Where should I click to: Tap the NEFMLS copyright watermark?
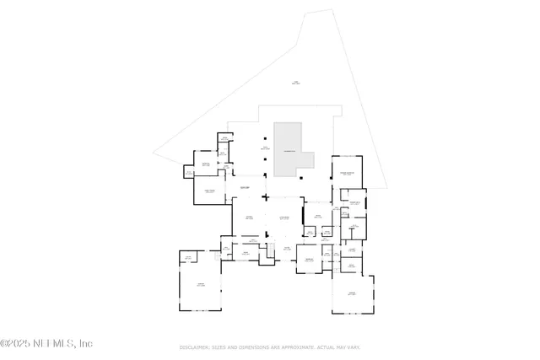pyautogui.click(x=46, y=343)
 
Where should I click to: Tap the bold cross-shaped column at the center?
pyautogui.click(x=266, y=197)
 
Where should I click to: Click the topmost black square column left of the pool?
pyautogui.click(x=265, y=138)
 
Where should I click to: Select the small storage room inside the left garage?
pyautogui.click(x=188, y=256)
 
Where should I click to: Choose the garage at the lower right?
pyautogui.click(x=351, y=294)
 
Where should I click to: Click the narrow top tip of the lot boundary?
pyautogui.click(x=320, y=12)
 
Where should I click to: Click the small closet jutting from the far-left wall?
pyautogui.click(x=188, y=173)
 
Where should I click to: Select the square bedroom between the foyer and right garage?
pyautogui.click(x=309, y=259)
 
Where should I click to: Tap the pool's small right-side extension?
pyautogui.click(x=308, y=159)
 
